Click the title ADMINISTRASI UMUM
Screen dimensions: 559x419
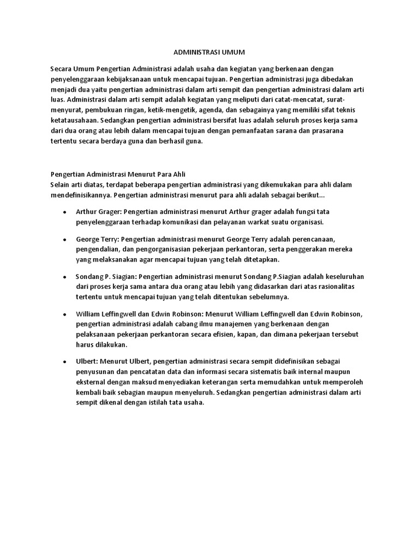point(209,52)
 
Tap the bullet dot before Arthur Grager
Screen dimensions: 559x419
point(65,212)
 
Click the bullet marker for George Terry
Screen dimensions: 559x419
point(65,240)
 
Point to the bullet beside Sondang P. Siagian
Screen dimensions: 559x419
point(65,277)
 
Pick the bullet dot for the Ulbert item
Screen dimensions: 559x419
point(65,361)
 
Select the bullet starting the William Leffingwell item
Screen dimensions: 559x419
point(65,315)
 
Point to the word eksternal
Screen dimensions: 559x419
point(93,382)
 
